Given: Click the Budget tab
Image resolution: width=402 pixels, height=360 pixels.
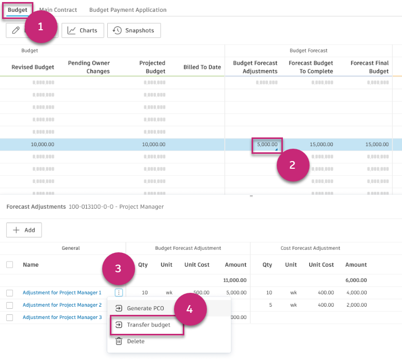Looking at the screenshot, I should click(x=17, y=10).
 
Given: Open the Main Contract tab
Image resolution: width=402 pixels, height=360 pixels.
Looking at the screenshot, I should click(x=58, y=10).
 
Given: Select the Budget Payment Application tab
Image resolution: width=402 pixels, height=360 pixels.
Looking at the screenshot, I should click(x=128, y=10).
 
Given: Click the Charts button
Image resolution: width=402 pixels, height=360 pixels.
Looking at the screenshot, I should click(x=83, y=30).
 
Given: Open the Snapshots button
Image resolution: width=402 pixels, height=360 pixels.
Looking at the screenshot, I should click(x=133, y=30).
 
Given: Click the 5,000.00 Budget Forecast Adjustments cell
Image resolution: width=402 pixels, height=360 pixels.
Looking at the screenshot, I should click(x=267, y=145).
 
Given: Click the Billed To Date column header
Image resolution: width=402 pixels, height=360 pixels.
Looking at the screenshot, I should click(x=202, y=67).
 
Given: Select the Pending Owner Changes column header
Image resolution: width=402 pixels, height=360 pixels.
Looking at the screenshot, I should click(x=89, y=67).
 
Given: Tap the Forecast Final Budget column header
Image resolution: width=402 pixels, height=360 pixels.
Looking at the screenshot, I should click(x=369, y=67).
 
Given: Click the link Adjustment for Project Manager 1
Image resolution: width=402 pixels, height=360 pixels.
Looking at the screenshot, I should click(x=62, y=293).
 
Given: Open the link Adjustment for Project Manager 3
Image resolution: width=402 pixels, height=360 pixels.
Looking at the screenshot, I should click(x=62, y=317).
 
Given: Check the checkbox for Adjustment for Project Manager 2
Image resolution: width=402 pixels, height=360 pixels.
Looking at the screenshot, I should click(x=10, y=305).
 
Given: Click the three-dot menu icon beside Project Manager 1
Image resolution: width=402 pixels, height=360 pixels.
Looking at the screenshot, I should click(x=119, y=293).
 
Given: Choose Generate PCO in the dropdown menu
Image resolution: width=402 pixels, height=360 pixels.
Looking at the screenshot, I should click(x=145, y=308).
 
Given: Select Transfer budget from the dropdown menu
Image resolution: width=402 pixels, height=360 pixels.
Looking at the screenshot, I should click(x=148, y=325).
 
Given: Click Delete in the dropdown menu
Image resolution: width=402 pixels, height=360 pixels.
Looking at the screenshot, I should click(x=136, y=341).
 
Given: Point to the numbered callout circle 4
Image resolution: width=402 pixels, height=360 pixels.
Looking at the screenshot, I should click(x=190, y=309).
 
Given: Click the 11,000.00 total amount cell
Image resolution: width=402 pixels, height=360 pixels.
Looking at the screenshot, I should click(x=235, y=281).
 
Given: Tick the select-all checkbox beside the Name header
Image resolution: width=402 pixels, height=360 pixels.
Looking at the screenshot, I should click(x=10, y=265).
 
